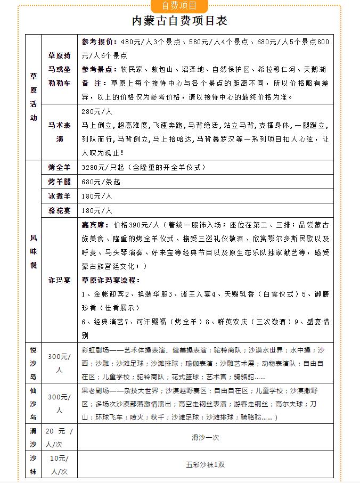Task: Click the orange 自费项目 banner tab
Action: coord(179,6)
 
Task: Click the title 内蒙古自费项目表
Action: coord(179,21)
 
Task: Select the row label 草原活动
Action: coord(34,97)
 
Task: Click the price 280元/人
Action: coord(96,112)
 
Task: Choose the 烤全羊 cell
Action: coord(60,167)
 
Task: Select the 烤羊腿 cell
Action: coord(60,182)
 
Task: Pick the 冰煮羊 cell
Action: coord(60,196)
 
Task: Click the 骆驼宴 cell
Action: coord(60,210)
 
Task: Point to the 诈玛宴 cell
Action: coord(60,280)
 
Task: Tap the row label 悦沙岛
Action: coord(34,363)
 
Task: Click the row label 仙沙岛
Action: coord(34,403)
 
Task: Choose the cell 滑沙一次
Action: coord(206,437)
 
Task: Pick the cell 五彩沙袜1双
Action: coord(206,464)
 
